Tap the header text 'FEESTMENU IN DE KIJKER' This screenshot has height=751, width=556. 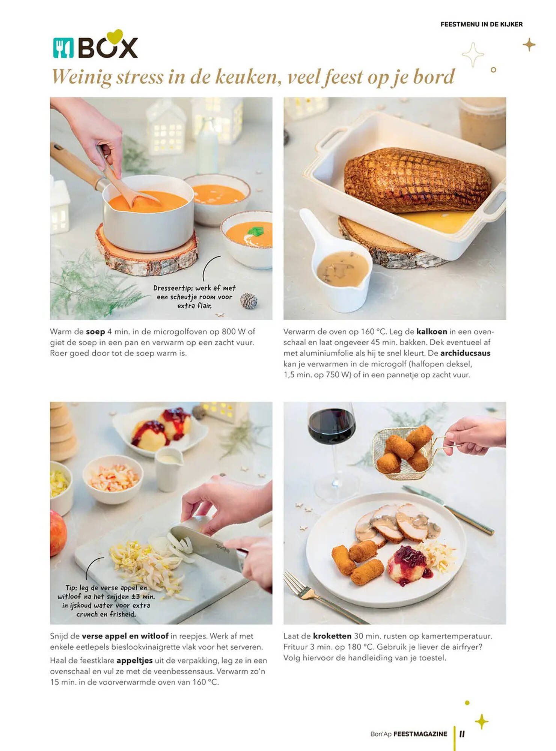(481, 24)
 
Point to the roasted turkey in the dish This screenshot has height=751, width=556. (417, 179)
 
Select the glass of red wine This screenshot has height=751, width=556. (332, 451)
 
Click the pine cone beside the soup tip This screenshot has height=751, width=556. (249, 301)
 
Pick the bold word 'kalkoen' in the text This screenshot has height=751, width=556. (432, 332)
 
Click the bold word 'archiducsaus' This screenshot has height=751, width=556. (465, 353)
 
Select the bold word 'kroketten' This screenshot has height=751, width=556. (332, 636)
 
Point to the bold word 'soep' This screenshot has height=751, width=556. (95, 332)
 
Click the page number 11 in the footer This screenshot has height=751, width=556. (462, 734)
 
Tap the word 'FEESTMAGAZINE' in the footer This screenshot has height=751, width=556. (420, 734)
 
